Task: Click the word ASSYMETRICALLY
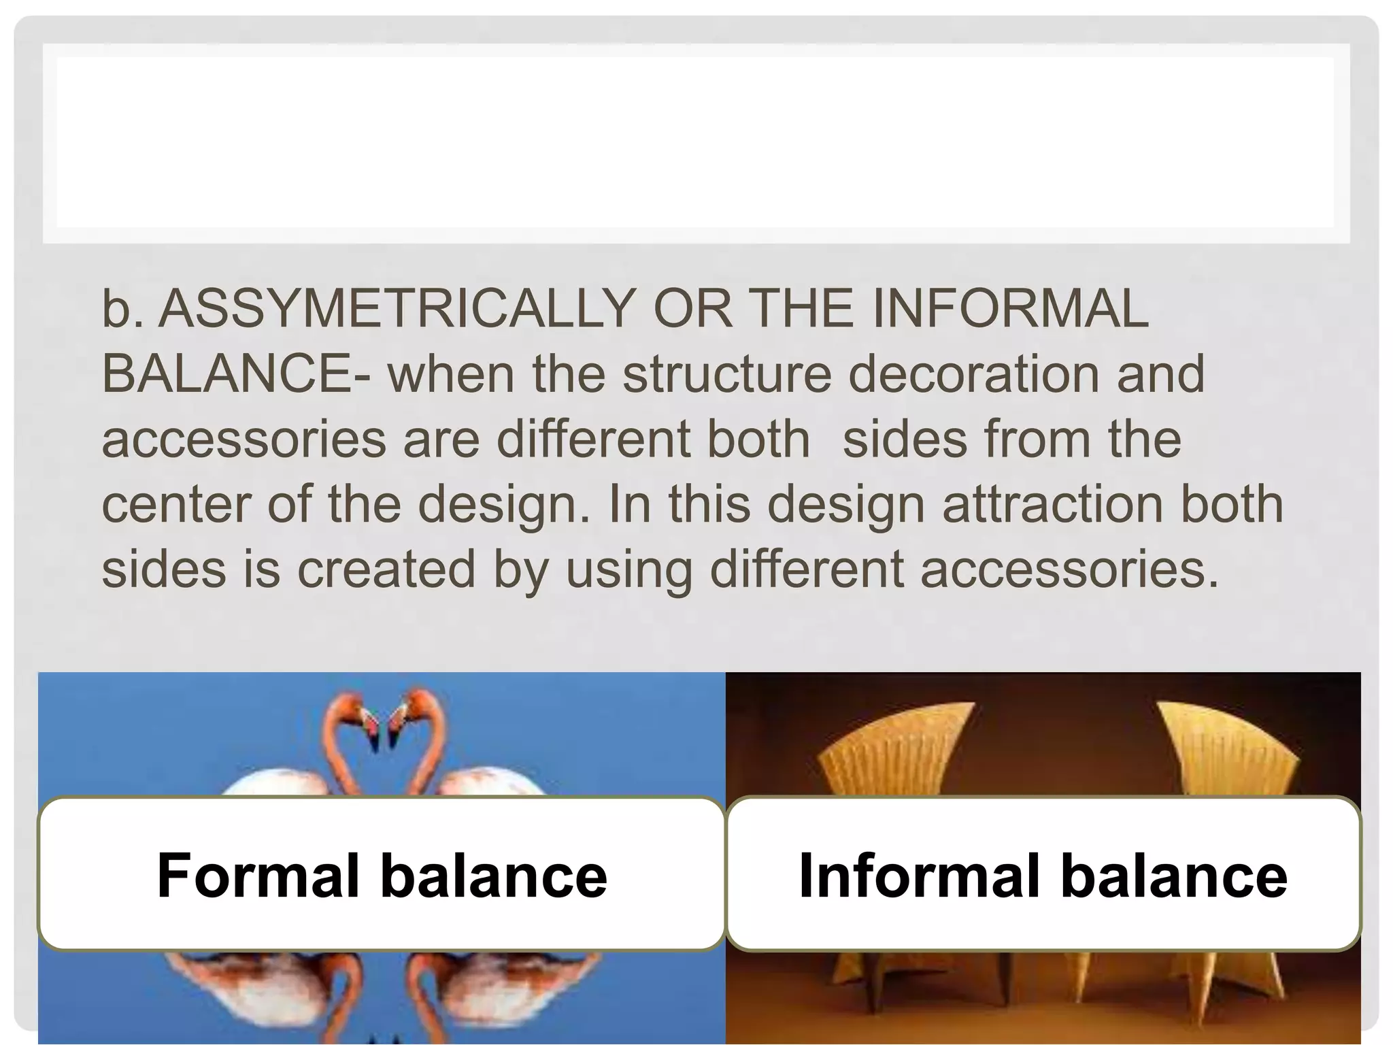tap(397, 309)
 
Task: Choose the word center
tap(176, 504)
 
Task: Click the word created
tap(386, 569)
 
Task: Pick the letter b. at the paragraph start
tap(122, 309)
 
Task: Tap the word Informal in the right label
tap(920, 876)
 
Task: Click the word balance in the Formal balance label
tap(493, 876)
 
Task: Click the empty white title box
tap(695, 143)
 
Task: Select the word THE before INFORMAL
tap(803, 309)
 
